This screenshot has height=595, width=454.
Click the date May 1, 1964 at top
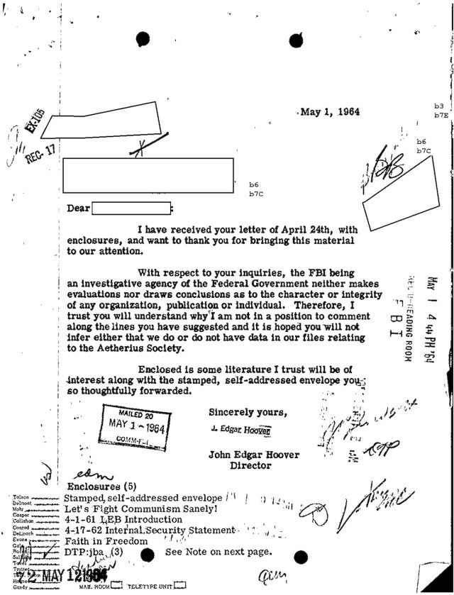[330, 112]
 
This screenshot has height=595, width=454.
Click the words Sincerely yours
[248, 412]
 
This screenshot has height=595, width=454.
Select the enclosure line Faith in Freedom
[106, 541]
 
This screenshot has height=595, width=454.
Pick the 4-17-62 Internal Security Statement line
[148, 530]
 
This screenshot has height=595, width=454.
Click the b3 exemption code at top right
[438, 106]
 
